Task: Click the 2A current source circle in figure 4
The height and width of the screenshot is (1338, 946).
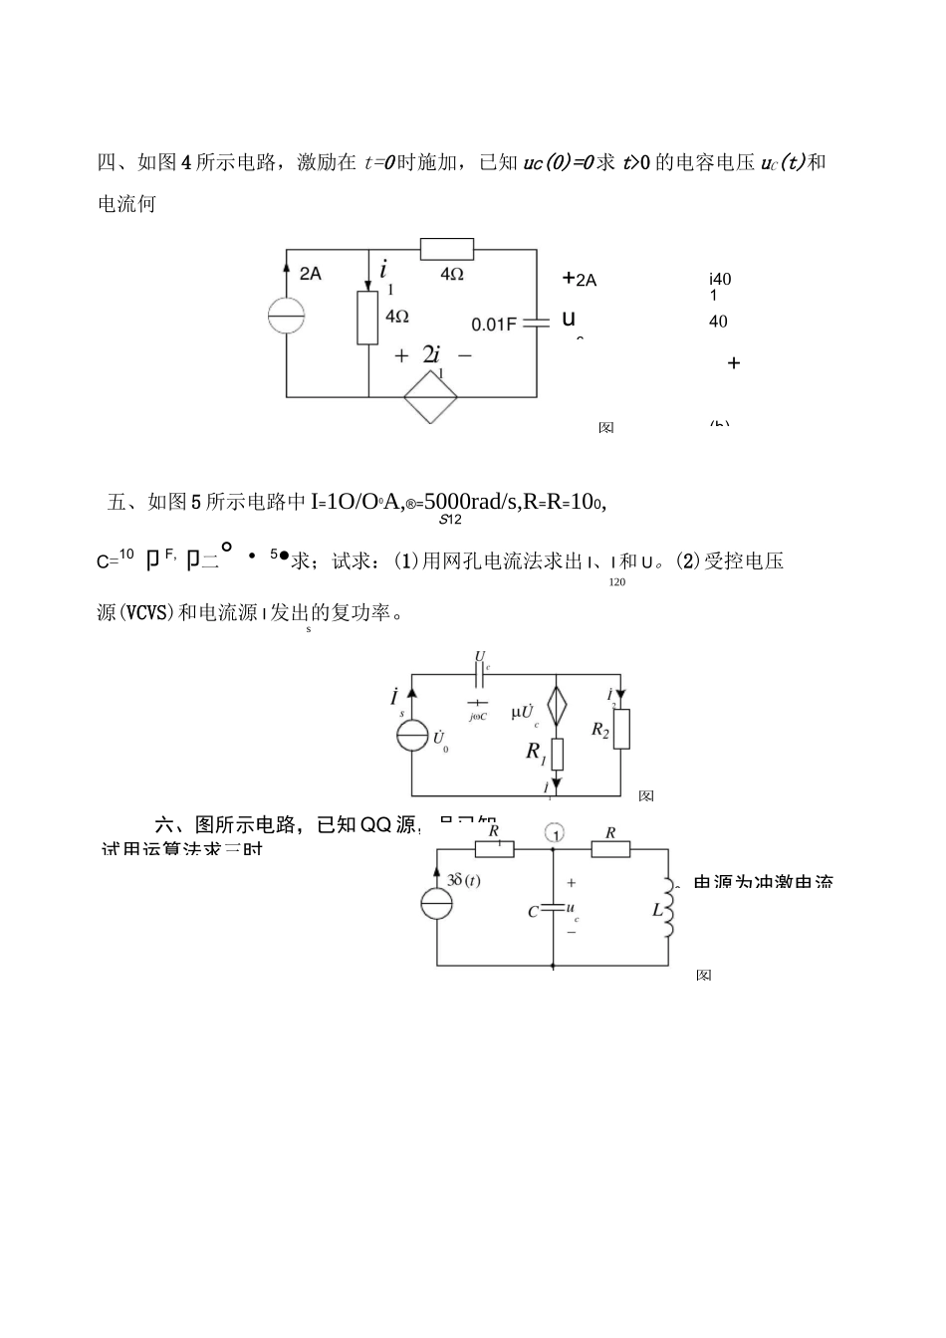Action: (287, 316)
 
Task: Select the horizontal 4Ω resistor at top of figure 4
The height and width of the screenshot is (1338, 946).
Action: (446, 249)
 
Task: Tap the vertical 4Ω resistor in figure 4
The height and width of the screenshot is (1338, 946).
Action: (368, 318)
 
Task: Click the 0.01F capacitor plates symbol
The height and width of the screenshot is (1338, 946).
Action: (536, 323)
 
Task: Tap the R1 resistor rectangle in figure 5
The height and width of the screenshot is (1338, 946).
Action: (557, 755)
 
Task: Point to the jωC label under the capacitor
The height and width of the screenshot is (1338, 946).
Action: (478, 716)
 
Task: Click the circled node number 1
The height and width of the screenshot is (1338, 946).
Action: (556, 832)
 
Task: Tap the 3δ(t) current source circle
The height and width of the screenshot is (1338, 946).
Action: (436, 904)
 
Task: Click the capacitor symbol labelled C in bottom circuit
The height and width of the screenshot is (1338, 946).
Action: (553, 909)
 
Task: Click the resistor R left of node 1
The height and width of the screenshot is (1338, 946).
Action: (494, 848)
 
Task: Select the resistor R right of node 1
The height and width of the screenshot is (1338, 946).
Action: (610, 848)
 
